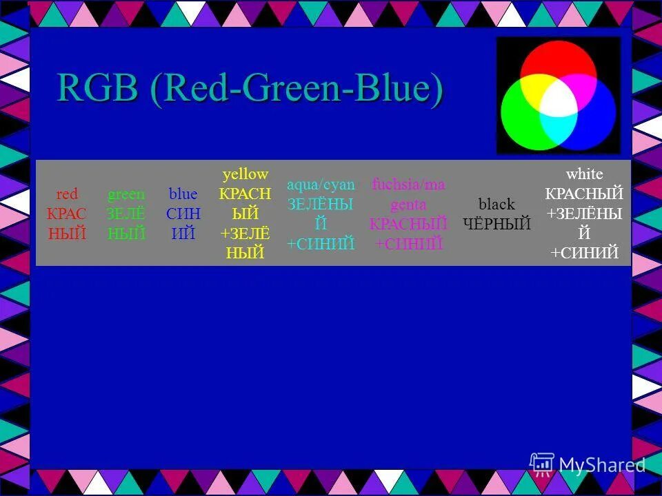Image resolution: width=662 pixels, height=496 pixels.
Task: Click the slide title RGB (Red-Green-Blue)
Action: [x=250, y=89]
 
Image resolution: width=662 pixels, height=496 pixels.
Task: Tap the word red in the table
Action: [x=67, y=194]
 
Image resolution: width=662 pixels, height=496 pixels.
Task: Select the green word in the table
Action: [x=126, y=194]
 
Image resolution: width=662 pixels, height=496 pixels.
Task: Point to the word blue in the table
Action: [x=183, y=194]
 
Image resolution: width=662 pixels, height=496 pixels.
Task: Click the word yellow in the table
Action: [x=245, y=174]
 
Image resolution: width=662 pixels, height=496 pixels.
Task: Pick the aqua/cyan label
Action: [x=321, y=185]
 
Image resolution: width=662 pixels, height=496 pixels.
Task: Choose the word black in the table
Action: [x=496, y=204]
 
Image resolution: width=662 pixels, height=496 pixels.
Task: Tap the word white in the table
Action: [x=583, y=174]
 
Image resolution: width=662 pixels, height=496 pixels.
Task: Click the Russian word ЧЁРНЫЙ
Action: [x=496, y=224]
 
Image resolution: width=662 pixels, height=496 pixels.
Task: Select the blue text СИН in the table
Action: [x=183, y=214]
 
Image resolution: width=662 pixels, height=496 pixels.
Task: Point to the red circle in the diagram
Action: [x=559, y=59]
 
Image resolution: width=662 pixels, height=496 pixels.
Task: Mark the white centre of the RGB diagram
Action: [x=559, y=102]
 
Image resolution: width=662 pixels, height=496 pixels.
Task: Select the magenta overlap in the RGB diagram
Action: [x=583, y=86]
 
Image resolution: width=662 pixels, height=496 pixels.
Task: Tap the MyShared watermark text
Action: [x=602, y=465]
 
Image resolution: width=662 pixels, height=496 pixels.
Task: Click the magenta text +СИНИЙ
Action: [x=408, y=244]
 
